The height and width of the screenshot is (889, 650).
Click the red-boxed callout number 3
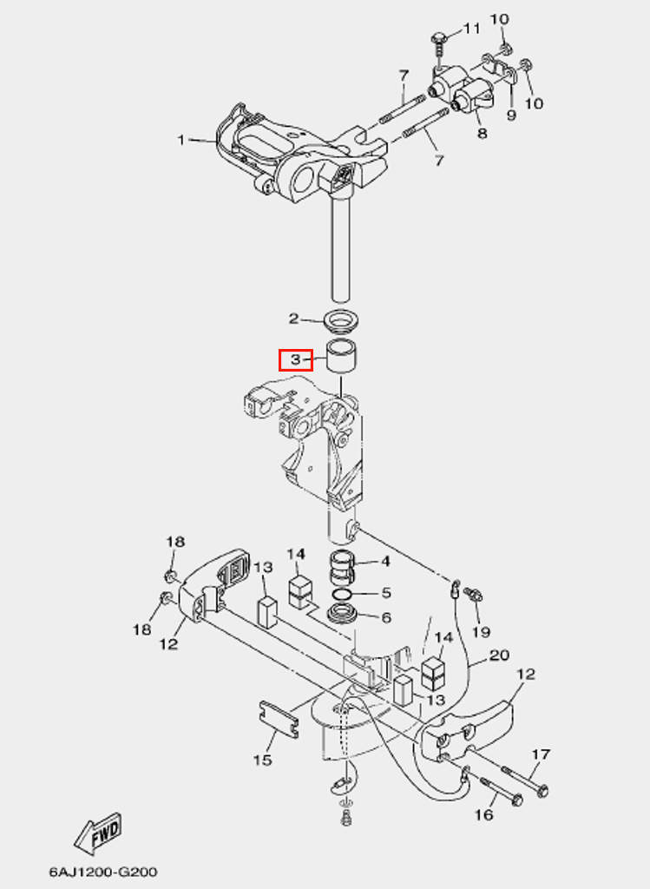(x=295, y=359)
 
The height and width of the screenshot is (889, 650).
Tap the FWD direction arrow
(x=97, y=834)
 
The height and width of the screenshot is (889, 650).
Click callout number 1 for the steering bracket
(x=181, y=140)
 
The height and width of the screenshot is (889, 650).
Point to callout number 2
(x=293, y=319)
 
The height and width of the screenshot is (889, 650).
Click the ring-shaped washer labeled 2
(x=343, y=321)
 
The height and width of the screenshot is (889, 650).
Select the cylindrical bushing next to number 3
(x=344, y=356)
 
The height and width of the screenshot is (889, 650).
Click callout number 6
(x=386, y=617)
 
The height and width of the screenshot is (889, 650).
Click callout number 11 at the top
(x=471, y=29)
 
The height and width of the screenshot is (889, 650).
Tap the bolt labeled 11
(x=440, y=41)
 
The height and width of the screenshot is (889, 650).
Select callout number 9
(x=511, y=115)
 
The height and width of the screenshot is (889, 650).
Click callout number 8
(x=482, y=133)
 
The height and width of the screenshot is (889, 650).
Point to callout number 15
(x=262, y=761)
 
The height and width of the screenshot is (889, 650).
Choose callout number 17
(x=541, y=754)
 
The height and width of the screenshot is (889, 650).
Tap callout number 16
(x=484, y=814)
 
